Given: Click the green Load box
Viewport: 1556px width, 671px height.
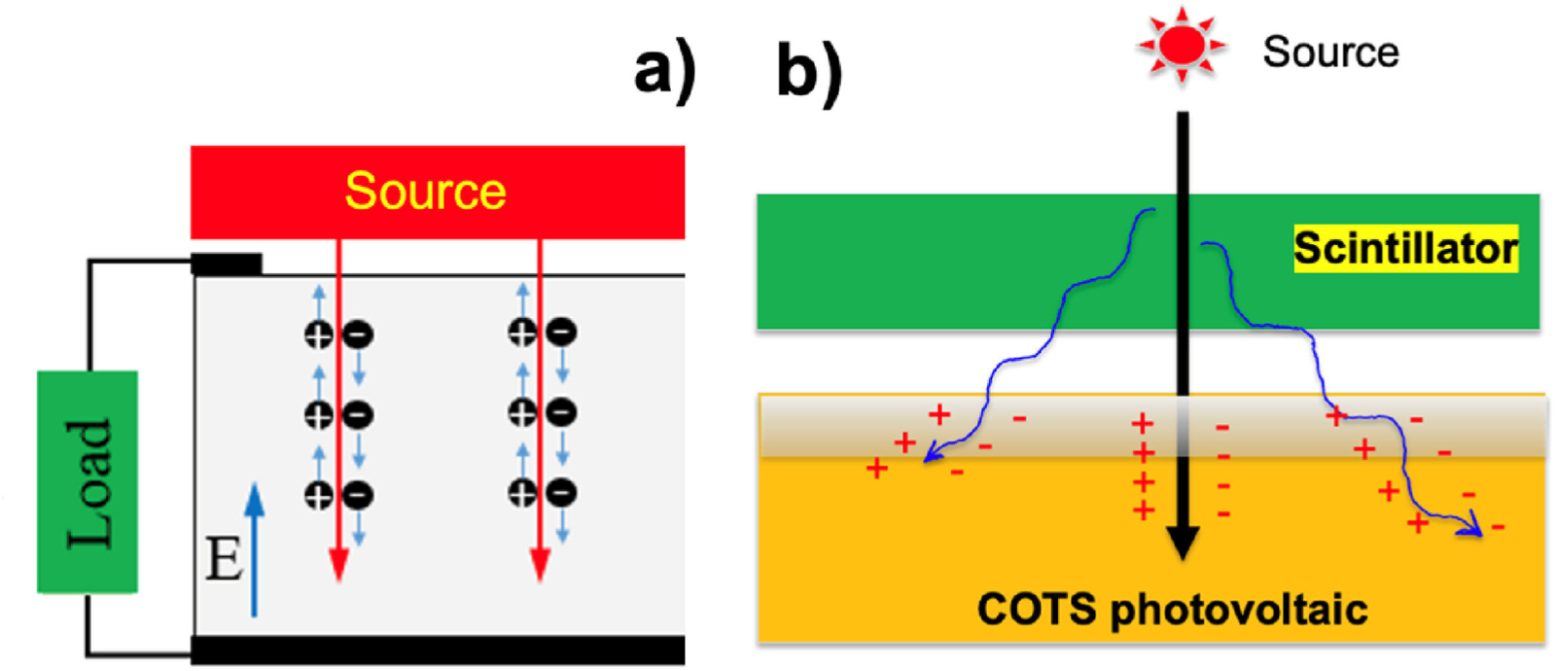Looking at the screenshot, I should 88,481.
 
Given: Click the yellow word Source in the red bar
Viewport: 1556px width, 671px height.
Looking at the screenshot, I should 425,191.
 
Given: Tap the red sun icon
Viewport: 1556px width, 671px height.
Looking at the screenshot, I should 1182,45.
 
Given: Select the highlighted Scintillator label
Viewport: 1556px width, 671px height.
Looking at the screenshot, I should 1405,249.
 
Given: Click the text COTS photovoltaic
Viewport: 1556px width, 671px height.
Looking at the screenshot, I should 1172,610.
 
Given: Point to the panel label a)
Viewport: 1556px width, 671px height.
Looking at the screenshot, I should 664,71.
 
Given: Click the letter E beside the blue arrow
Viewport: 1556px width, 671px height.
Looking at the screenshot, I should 224,560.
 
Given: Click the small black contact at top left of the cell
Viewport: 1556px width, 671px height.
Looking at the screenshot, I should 227,264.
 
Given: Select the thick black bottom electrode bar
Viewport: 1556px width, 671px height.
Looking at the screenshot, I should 438,650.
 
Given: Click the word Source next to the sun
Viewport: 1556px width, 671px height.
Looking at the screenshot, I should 1330,53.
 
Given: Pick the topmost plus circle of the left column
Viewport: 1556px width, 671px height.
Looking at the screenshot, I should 318,335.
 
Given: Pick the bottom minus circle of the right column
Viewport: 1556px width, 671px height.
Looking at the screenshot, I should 561,494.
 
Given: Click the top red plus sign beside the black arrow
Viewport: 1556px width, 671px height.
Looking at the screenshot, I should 1143,423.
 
